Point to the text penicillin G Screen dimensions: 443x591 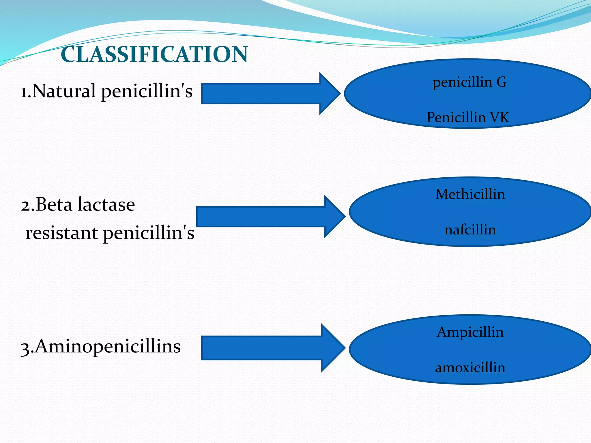470,82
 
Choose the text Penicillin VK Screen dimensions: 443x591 468,117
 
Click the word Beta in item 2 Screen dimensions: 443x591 54,204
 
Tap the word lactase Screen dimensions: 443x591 106,204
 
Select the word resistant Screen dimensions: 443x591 61,233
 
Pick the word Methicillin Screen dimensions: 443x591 470,194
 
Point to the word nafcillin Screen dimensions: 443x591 470,230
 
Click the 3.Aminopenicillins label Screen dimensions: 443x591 101,346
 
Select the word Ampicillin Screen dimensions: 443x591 470,332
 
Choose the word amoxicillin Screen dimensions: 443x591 470,368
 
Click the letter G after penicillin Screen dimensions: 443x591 501,82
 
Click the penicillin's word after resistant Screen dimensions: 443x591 149,233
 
